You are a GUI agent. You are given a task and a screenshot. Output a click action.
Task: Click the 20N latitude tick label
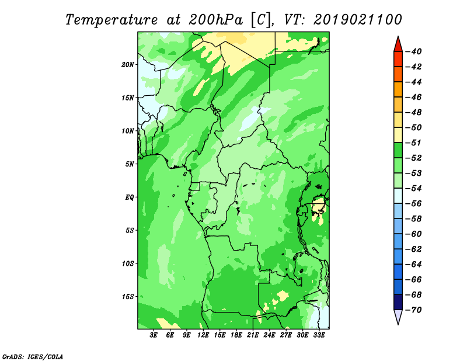(x=128, y=65)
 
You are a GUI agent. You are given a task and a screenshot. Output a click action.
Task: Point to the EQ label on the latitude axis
(x=130, y=197)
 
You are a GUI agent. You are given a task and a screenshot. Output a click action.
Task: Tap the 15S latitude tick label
(x=128, y=297)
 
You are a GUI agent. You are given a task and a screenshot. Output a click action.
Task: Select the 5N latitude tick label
(x=130, y=164)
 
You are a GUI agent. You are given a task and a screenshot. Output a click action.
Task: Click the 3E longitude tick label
(x=154, y=335)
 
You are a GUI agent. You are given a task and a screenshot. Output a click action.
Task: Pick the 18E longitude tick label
(x=236, y=335)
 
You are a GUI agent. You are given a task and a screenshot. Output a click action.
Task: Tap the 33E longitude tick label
(x=319, y=335)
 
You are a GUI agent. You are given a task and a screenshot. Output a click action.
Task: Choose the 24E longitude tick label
(x=269, y=335)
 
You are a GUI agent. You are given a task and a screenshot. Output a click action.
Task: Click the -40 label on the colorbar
(x=414, y=51)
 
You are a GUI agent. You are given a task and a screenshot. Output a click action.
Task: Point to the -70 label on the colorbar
(x=414, y=310)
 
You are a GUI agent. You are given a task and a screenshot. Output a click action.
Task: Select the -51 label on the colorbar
(x=414, y=143)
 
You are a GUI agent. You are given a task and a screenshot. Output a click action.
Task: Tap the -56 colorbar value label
(x=414, y=204)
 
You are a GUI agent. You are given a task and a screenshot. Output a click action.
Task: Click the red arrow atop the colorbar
(x=398, y=45)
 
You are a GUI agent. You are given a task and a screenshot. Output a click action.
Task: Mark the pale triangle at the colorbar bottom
(x=398, y=316)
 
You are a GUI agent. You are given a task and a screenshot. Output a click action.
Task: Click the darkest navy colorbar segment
(x=398, y=302)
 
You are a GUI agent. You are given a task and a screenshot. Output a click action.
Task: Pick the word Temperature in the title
(x=111, y=20)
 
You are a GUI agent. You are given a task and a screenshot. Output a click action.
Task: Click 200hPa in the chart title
(x=215, y=20)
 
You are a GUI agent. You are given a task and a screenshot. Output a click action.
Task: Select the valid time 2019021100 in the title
(x=358, y=20)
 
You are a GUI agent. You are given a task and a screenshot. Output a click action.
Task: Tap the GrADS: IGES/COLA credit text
(x=33, y=357)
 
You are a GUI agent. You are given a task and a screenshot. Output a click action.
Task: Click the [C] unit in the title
(x=262, y=20)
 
